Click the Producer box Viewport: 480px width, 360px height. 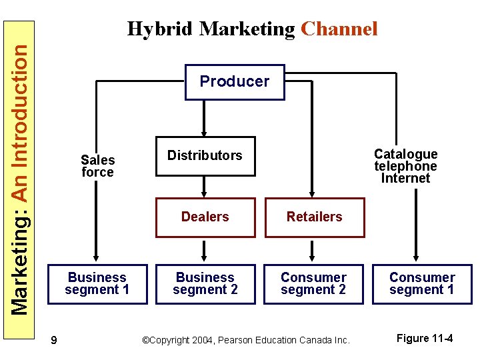[x=235, y=82]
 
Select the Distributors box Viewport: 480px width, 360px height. [x=205, y=156]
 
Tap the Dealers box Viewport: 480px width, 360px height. [x=205, y=217]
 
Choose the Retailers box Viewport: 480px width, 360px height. [x=315, y=217]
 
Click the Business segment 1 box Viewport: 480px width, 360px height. [x=97, y=284]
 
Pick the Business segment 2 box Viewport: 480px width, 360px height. [x=205, y=284]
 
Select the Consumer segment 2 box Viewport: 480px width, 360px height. [x=313, y=284]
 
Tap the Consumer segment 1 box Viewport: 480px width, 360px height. [x=422, y=284]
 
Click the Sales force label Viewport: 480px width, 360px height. [x=97, y=166]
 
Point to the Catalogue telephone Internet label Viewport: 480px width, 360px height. [x=405, y=166]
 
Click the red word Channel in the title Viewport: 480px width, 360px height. [x=339, y=29]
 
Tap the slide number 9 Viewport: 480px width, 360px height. [x=53, y=341]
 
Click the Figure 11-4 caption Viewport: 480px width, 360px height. [x=425, y=339]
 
